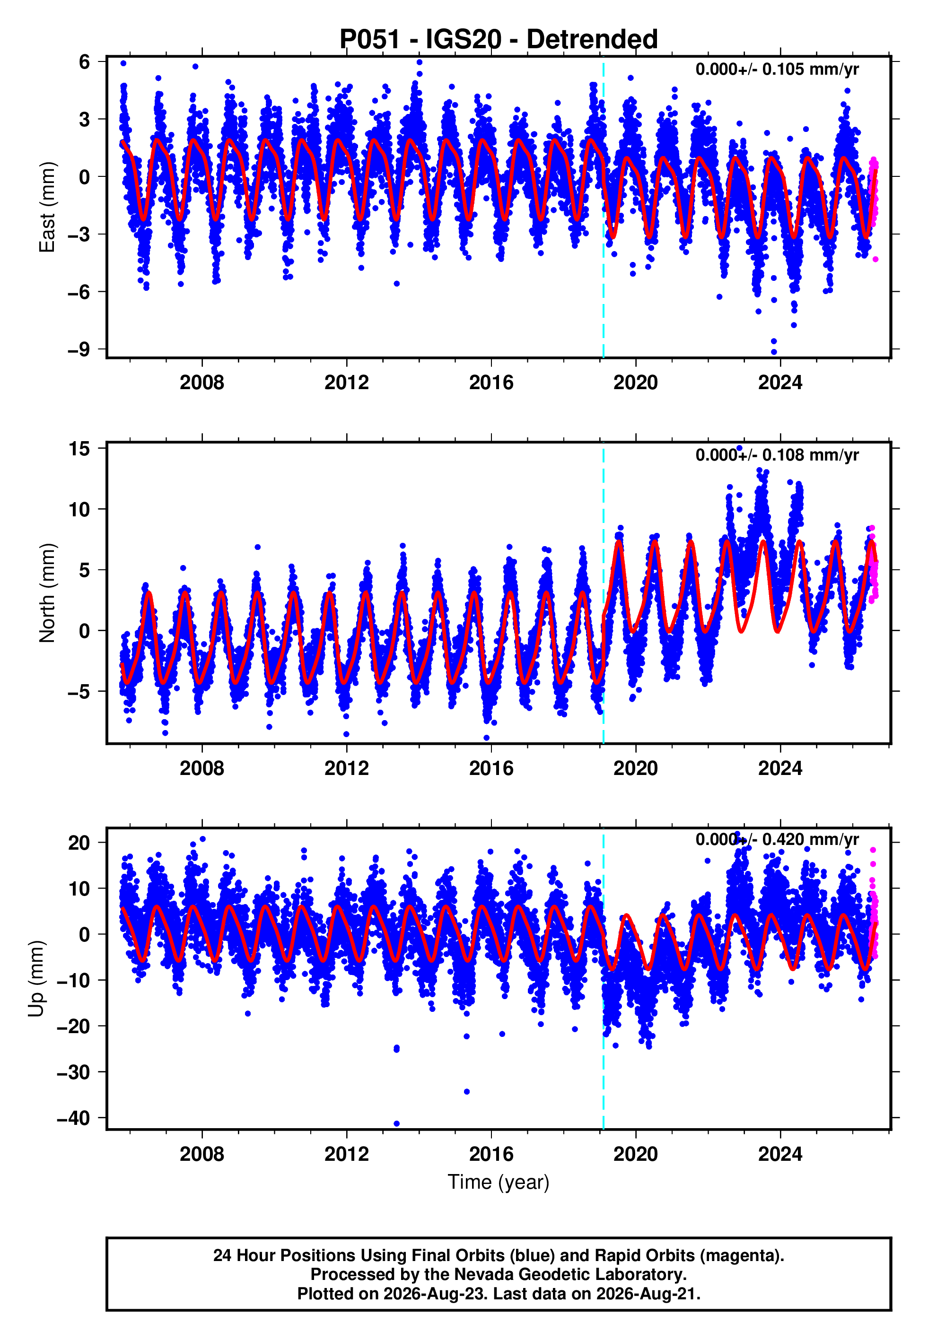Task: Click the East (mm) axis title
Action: (46, 207)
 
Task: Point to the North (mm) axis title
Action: (46, 593)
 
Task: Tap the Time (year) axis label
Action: (499, 1182)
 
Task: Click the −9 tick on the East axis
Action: (79, 349)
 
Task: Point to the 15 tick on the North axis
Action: (79, 448)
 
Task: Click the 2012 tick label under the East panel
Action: (347, 383)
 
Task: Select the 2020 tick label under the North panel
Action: (636, 768)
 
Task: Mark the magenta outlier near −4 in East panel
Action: (875, 259)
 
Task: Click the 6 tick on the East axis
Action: (84, 61)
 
